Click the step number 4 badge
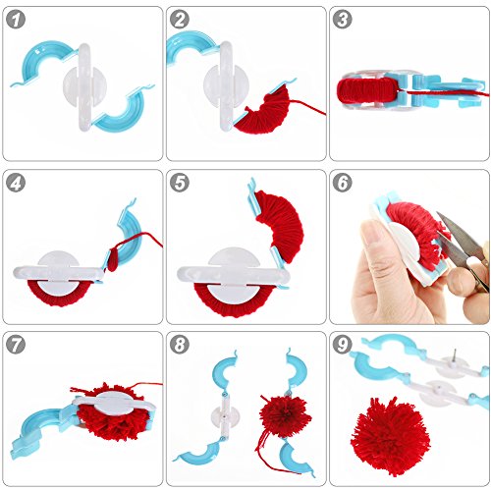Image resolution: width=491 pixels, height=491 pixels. click(x=18, y=183)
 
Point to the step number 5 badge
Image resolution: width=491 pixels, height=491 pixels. click(x=180, y=183)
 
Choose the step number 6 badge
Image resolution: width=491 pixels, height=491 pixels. click(x=343, y=183)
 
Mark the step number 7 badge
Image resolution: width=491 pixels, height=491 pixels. click(x=18, y=345)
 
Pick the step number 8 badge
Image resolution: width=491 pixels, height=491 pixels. click(x=180, y=345)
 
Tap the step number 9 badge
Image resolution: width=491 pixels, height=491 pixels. click(x=343, y=345)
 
